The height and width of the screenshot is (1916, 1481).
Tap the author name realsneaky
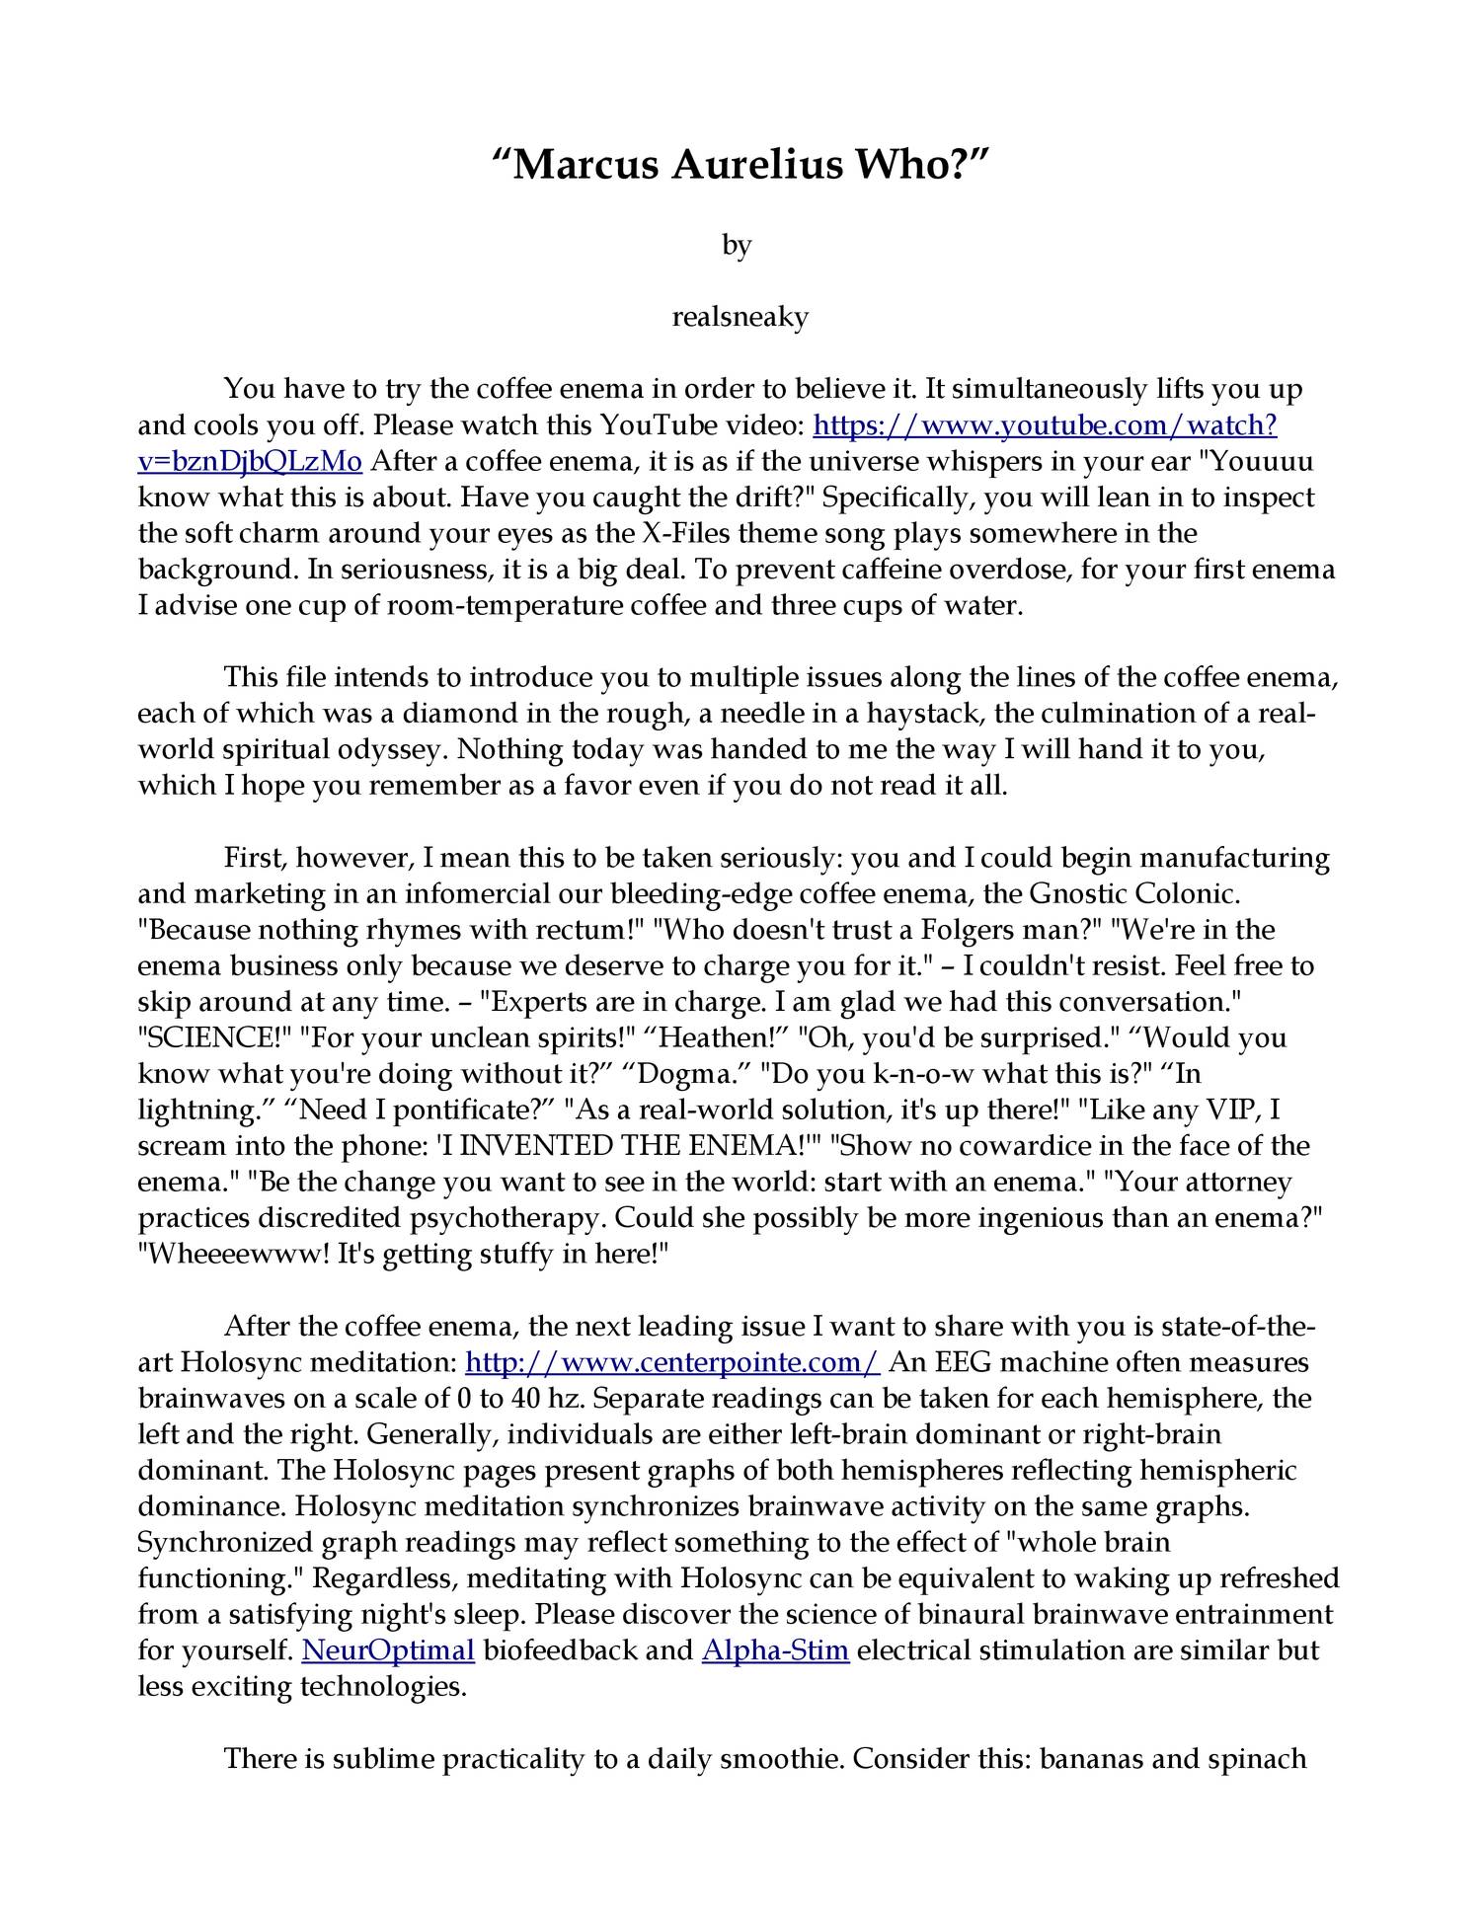point(740,317)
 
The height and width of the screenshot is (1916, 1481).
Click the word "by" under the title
point(737,244)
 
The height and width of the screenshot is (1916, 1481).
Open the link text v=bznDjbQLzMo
point(250,461)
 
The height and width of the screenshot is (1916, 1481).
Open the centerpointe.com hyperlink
point(671,1362)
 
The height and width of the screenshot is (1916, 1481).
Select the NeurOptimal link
point(388,1649)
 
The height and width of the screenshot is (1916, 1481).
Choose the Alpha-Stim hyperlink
point(775,1649)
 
